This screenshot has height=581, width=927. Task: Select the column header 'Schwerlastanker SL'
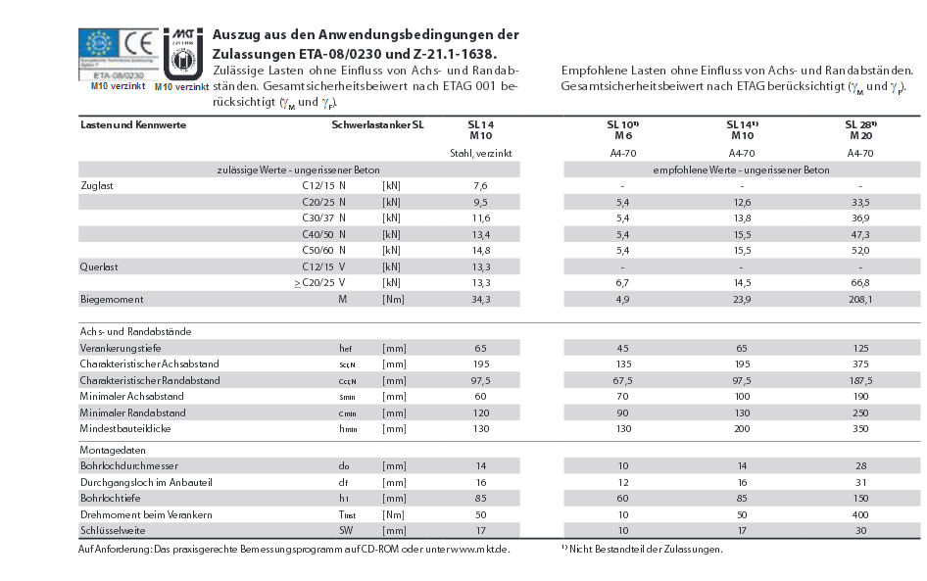click(x=377, y=125)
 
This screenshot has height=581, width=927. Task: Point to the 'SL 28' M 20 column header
click(x=860, y=130)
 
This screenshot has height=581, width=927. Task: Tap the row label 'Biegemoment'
click(x=112, y=300)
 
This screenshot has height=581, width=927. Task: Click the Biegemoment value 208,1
click(x=860, y=300)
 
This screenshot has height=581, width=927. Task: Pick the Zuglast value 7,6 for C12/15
click(x=480, y=185)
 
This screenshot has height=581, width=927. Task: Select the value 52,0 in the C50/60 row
click(x=860, y=251)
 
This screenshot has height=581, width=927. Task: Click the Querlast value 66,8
click(x=860, y=283)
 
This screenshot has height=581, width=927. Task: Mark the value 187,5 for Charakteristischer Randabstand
click(x=860, y=380)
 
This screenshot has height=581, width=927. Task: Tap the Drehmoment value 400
click(x=860, y=514)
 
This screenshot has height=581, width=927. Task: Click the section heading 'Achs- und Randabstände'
click(x=135, y=332)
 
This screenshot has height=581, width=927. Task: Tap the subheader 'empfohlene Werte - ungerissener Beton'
click(x=741, y=169)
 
